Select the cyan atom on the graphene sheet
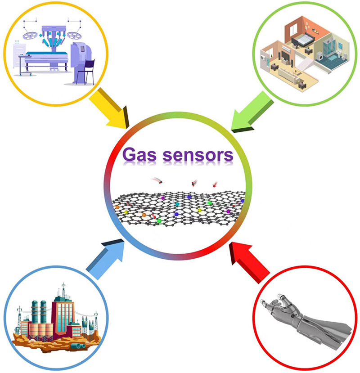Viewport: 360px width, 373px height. [178, 205]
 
